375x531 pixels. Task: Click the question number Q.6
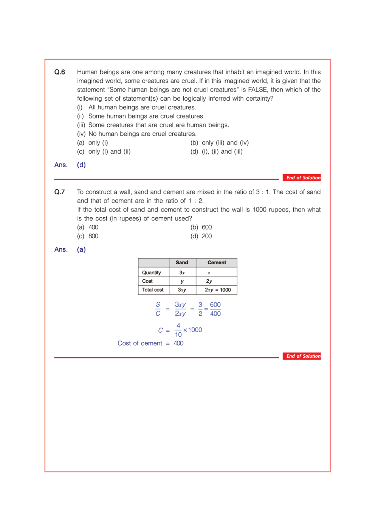tap(60, 72)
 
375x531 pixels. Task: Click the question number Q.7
tap(60, 192)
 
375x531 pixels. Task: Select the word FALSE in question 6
tap(257, 90)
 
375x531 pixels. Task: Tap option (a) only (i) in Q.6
tap(93, 143)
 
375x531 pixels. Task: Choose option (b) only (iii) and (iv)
tap(220, 143)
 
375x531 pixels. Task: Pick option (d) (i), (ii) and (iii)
tap(217, 151)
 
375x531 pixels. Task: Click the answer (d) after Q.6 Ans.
tap(81, 165)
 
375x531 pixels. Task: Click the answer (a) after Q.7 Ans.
tap(81, 249)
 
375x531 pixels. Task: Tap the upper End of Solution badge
tap(302, 178)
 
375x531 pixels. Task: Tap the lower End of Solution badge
tap(302, 356)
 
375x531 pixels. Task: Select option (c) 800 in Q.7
tap(88, 236)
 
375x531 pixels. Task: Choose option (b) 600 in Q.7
tap(201, 227)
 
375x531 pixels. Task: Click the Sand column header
tap(182, 263)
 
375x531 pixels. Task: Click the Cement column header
tap(217, 263)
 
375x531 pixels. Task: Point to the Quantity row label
tap(152, 273)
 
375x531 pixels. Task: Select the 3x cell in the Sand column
tap(182, 273)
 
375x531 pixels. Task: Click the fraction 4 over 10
tap(178, 330)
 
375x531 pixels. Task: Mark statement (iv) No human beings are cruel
tap(137, 134)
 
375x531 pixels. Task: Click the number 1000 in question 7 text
tap(259, 210)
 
